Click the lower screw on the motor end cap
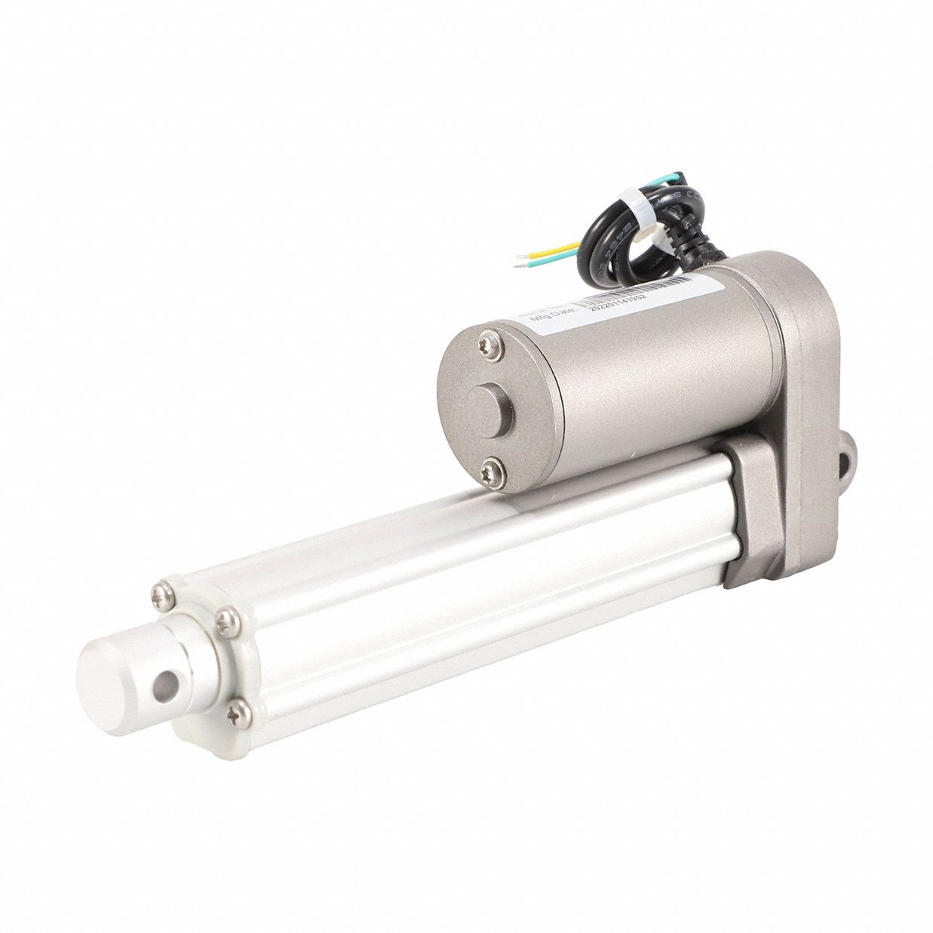point(489,465)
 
